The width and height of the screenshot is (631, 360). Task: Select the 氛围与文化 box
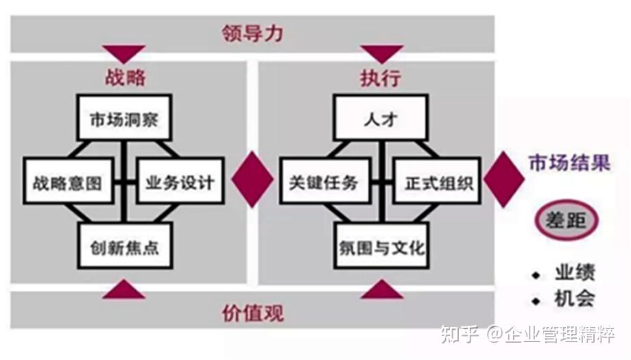[382, 245]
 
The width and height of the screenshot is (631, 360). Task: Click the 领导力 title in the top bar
[252, 33]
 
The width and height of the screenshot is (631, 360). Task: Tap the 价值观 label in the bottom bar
[252, 313]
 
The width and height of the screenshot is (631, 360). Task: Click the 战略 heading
[125, 77]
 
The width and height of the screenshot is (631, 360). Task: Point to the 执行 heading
[381, 77]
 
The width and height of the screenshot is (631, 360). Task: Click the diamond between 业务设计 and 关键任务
[252, 180]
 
